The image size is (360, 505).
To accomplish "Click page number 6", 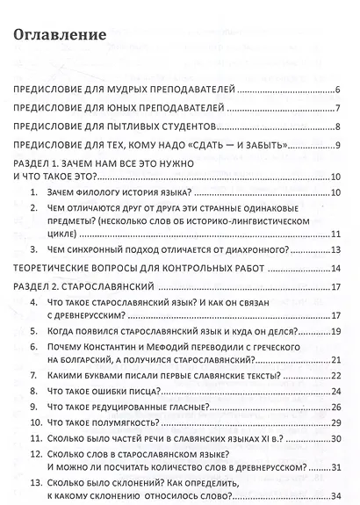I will tap(337, 90).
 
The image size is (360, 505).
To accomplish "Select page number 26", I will tap(335, 408).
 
